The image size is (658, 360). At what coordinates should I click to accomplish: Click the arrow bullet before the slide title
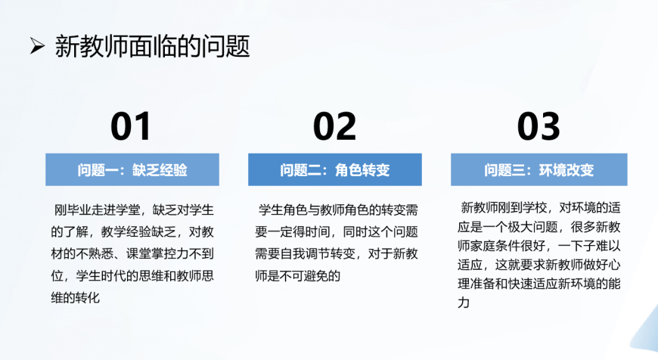point(37,45)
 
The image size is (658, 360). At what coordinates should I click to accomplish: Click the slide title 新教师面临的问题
point(152,45)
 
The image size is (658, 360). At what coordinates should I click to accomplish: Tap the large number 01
point(131,126)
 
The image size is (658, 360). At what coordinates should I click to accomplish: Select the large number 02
point(334,126)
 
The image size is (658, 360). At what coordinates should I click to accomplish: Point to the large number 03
point(539,126)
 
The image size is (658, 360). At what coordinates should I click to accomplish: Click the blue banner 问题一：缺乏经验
point(132,169)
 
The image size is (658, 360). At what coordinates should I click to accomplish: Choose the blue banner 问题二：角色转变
point(335,169)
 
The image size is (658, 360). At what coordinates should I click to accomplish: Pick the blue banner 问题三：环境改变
point(539,169)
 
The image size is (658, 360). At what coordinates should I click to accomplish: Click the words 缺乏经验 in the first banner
point(160,170)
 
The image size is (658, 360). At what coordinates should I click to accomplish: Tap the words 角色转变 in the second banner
point(362,170)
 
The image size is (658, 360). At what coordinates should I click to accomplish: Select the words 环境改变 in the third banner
point(566,170)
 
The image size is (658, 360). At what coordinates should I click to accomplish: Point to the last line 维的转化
point(76,297)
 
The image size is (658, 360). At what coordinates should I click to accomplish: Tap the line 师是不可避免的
point(298,275)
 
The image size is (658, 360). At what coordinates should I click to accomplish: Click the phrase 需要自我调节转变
point(305,254)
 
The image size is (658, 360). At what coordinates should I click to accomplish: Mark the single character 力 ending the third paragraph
point(464,303)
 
